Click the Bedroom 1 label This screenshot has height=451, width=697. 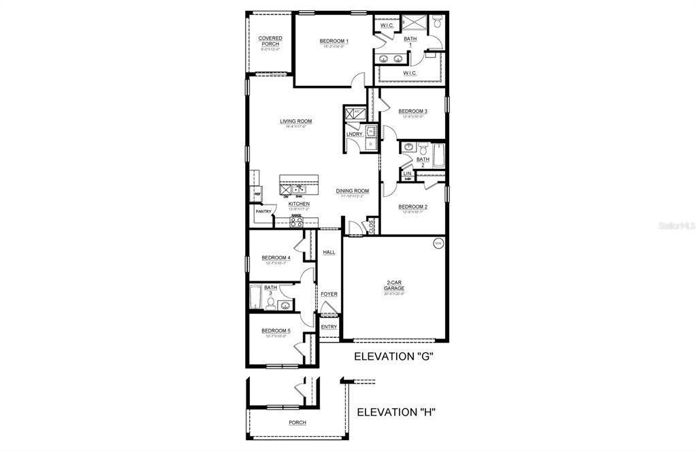[x=334, y=42]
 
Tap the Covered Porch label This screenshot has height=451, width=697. [x=270, y=41]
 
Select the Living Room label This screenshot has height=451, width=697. [x=295, y=121]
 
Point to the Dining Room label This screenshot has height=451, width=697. [x=352, y=191]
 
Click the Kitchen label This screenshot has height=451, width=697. [x=299, y=204]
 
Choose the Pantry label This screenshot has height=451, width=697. [x=263, y=211]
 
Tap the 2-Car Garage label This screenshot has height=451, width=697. [x=393, y=285]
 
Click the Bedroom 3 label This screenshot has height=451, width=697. [x=412, y=111]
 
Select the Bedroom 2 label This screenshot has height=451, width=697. [x=412, y=206]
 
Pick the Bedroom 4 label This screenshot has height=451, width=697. [x=276, y=258]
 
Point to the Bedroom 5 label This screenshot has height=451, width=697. [x=276, y=331]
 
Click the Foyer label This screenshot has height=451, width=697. [x=329, y=294]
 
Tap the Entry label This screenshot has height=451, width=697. [x=329, y=327]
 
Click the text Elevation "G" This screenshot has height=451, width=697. [x=394, y=357]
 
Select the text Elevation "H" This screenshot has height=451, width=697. [x=396, y=411]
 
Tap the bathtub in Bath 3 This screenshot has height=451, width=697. [x=255, y=297]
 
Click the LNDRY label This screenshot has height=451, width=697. [x=354, y=134]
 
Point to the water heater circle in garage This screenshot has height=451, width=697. [x=438, y=243]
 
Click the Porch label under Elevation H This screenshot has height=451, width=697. [x=297, y=422]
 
